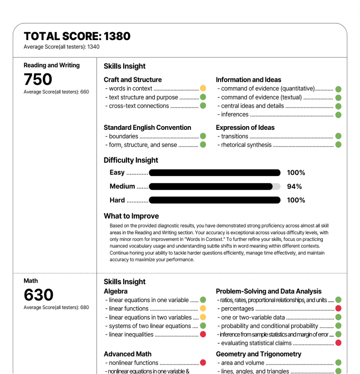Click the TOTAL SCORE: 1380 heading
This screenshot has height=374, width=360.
[77, 36]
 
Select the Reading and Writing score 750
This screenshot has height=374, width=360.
[38, 80]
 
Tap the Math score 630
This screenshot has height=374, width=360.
[39, 295]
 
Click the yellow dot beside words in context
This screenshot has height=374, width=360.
[203, 88]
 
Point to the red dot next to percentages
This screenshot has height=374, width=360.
[338, 309]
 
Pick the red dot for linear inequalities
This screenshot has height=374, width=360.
[203, 334]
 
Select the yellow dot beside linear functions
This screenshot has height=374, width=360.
[203, 309]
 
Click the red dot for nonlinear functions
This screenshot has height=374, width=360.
[203, 363]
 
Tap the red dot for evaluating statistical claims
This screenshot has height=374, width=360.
[338, 343]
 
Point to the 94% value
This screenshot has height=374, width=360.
[294, 186]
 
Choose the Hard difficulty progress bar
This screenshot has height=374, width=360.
[214, 200]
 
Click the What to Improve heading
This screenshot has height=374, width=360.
[131, 216]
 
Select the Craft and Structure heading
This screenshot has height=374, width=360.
[133, 80]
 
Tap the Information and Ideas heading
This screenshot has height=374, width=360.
[248, 80]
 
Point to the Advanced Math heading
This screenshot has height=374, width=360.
[128, 354]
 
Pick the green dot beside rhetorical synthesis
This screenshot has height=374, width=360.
[338, 144]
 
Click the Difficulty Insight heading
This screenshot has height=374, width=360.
[131, 160]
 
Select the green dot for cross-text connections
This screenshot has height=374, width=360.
[203, 106]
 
